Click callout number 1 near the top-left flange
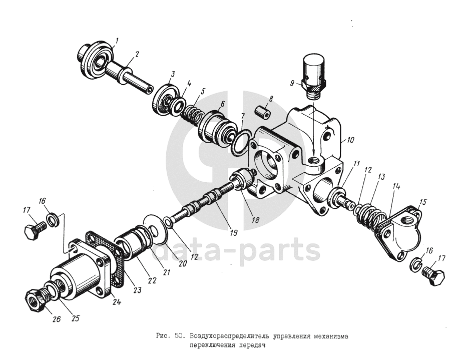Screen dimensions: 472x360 (x=116, y=40)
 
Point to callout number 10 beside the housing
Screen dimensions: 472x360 (x=350, y=141)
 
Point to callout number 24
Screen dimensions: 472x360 (x=117, y=301)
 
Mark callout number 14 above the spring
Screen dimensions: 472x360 (x=397, y=185)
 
